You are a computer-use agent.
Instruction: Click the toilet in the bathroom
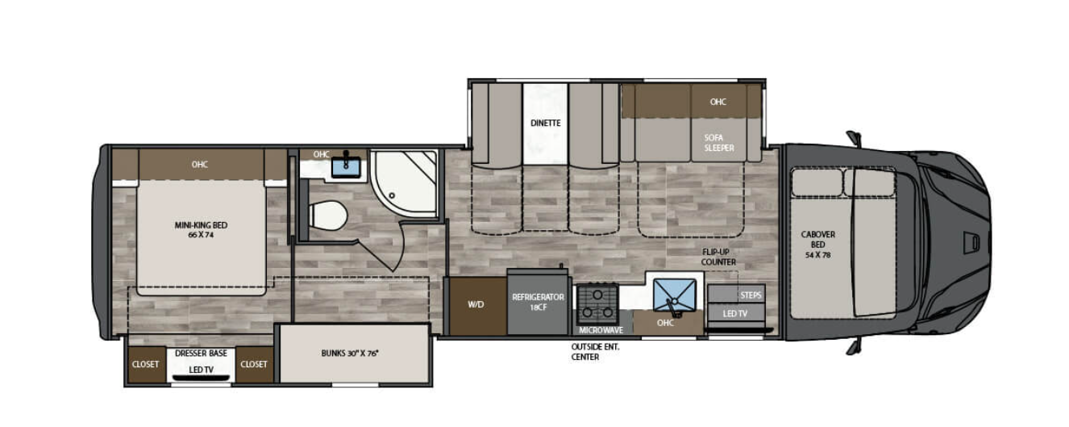click(327, 216)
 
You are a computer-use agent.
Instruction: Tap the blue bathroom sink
click(346, 166)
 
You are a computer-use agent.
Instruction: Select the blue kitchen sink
click(674, 295)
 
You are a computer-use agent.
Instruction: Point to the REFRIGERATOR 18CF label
click(538, 303)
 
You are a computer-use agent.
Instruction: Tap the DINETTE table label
click(546, 123)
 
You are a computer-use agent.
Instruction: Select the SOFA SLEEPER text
click(718, 143)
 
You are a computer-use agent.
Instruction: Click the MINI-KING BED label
click(201, 230)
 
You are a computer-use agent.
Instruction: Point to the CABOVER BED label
click(818, 245)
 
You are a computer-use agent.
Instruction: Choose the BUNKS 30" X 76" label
click(350, 354)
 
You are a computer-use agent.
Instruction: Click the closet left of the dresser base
click(147, 364)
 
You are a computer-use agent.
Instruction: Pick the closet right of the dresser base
click(255, 364)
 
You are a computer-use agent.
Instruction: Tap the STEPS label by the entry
click(751, 295)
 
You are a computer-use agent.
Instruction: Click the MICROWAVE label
click(601, 330)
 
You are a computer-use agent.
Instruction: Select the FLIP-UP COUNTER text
click(718, 257)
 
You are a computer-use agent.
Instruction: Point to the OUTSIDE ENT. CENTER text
click(595, 352)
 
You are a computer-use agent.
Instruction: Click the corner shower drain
click(392, 195)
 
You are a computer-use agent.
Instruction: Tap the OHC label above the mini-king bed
click(200, 165)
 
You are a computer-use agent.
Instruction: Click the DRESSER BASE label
click(201, 354)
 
